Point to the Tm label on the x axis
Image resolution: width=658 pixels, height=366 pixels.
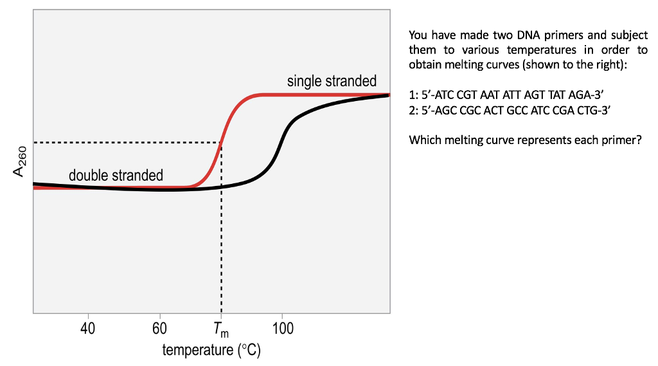click(220, 331)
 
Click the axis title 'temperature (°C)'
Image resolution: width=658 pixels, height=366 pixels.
click(211, 351)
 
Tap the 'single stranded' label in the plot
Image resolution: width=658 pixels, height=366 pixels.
click(332, 82)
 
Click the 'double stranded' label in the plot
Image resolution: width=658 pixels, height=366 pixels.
click(116, 175)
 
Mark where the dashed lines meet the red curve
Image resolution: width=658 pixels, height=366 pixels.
click(221, 142)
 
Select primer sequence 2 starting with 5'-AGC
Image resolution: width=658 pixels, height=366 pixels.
click(509, 110)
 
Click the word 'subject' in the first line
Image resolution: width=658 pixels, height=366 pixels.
click(629, 35)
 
